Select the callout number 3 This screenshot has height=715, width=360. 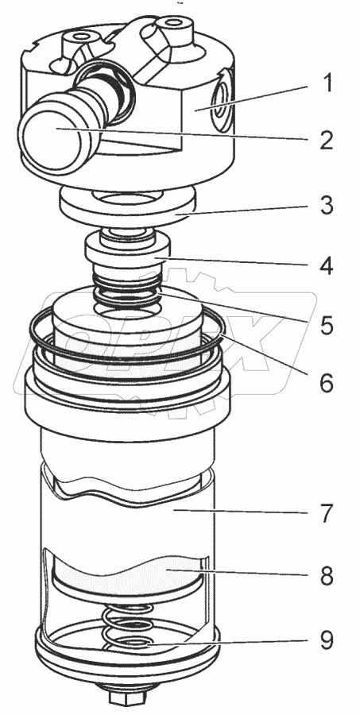click(x=326, y=205)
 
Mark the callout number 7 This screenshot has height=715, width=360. click(x=326, y=513)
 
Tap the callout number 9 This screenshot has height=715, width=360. click(x=326, y=640)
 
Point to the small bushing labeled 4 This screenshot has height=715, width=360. click(x=128, y=250)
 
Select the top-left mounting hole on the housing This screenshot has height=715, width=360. click(x=79, y=36)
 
